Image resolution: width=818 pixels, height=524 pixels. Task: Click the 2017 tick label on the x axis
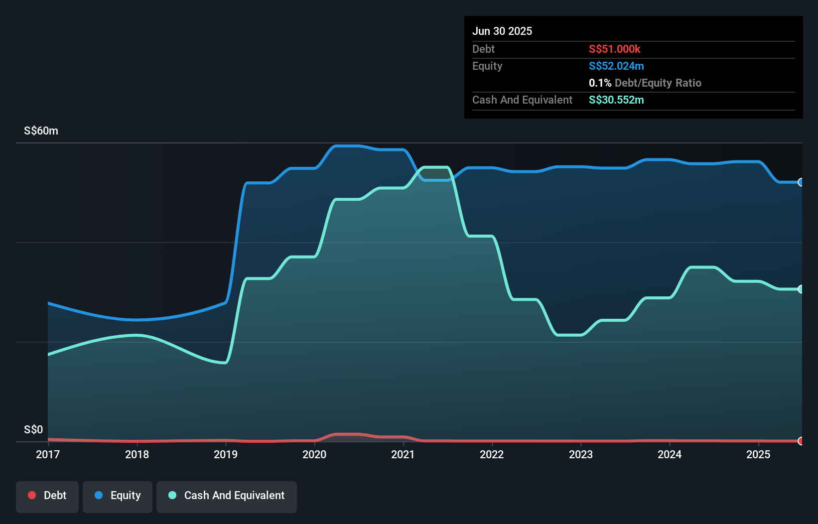[x=48, y=454]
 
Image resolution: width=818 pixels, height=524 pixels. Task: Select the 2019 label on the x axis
[x=226, y=454]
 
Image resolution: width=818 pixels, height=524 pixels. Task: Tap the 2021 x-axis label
[x=403, y=454]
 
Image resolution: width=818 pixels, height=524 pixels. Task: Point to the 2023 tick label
[x=581, y=454]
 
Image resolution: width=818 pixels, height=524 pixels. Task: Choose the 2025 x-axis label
[x=758, y=454]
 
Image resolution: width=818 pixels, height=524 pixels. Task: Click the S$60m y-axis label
[x=41, y=131]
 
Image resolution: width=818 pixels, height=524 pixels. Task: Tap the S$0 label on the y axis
[x=33, y=429]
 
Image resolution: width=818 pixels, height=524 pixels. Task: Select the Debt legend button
[x=47, y=496]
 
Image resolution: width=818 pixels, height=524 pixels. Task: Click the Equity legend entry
[x=118, y=496]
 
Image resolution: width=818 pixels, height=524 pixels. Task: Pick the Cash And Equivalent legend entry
[x=227, y=496]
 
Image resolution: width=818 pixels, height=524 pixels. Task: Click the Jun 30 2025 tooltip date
[x=502, y=31]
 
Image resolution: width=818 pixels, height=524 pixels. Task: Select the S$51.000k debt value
[x=614, y=49]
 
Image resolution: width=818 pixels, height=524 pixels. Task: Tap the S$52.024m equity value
[x=616, y=66]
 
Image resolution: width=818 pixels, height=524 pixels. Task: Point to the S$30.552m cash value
[x=616, y=100]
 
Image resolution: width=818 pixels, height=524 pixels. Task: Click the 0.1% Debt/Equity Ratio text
[x=645, y=83]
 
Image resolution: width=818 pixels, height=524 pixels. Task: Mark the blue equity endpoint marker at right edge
[x=801, y=182]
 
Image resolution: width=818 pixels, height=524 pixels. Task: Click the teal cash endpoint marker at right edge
[x=801, y=289]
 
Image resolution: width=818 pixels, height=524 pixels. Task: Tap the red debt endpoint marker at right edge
[x=801, y=441]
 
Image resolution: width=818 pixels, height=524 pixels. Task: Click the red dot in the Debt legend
[x=32, y=495]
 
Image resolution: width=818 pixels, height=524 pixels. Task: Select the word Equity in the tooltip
[x=487, y=66]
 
